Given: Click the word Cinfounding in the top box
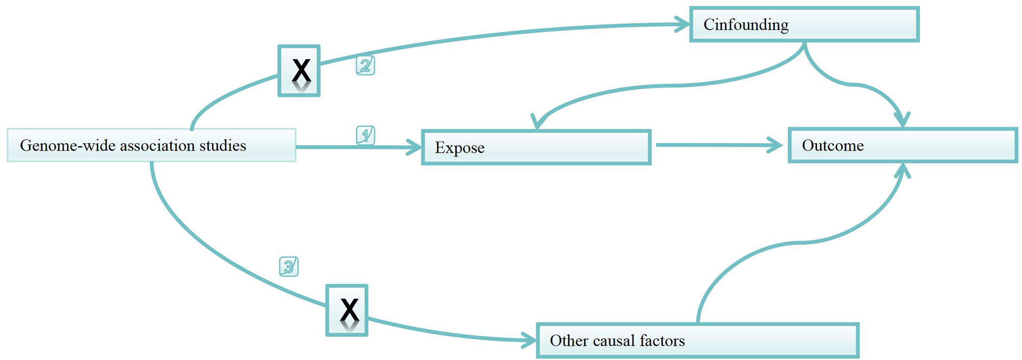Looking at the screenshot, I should tap(746, 25).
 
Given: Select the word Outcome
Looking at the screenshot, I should tap(833, 146).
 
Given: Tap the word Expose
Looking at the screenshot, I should tap(460, 148).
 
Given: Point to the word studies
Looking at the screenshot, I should tap(222, 146).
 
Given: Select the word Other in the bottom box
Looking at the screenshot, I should tap(566, 340).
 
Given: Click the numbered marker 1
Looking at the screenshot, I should tap(365, 135).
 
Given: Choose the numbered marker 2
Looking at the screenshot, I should tap(365, 66).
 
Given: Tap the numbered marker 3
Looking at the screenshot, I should tap(289, 267).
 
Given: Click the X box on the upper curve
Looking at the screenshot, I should tap(299, 71).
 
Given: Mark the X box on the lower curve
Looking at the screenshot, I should tap(347, 310).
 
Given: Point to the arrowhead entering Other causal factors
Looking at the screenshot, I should tap(530, 340).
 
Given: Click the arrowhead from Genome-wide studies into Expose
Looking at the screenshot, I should tap(415, 148).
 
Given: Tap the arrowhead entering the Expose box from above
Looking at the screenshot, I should tap(537, 122).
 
